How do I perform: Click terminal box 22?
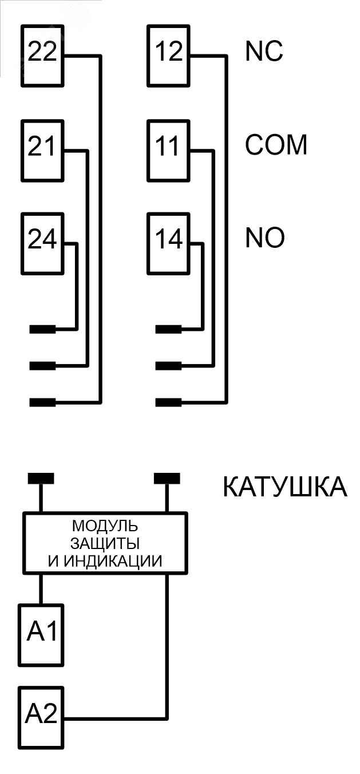[42, 55]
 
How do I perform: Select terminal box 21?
[42, 150]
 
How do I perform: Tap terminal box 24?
[42, 243]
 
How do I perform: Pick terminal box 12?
[168, 55]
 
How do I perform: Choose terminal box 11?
[168, 150]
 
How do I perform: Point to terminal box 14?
[168, 243]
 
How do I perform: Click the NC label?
[264, 52]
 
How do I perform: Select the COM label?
[276, 145]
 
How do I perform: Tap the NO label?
[265, 238]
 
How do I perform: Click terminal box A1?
[41, 634]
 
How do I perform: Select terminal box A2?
[41, 717]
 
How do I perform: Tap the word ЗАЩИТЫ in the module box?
[105, 543]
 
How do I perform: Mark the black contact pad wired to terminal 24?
[42, 329]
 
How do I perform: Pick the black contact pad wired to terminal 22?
[42, 402]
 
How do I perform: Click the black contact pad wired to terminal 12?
[168, 402]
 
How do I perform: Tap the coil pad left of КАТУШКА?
[167, 478]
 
